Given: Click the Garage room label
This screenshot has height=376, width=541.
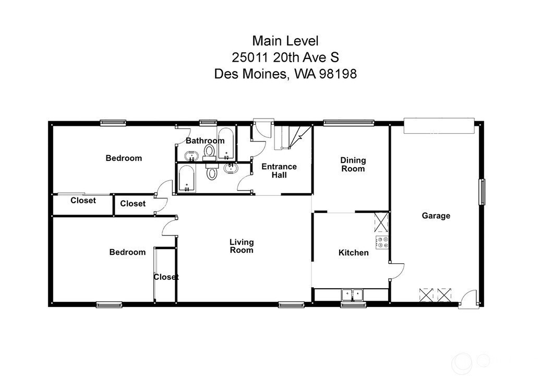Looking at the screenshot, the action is click(x=436, y=216).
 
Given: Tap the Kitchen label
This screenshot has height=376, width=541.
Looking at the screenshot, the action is click(x=353, y=253).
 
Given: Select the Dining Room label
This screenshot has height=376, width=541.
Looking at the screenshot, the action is click(x=353, y=164).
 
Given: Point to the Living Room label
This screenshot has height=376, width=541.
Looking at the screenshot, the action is click(x=242, y=246).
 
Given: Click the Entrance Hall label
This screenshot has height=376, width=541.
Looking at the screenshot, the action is click(x=279, y=171).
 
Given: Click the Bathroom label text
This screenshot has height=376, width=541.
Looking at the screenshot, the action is click(x=205, y=141).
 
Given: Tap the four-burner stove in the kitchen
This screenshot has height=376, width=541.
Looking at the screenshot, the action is click(x=382, y=242).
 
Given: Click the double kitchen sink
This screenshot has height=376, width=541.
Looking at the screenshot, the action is click(x=352, y=295).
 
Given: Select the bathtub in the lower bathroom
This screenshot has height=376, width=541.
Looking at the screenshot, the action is click(x=187, y=178).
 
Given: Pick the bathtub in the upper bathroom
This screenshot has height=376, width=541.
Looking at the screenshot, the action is click(x=226, y=144).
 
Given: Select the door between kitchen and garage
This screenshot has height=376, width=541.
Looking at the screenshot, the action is click(x=396, y=271).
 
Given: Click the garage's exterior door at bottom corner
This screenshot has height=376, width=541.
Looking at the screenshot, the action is click(x=468, y=299).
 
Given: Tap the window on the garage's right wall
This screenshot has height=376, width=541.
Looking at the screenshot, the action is click(x=483, y=192).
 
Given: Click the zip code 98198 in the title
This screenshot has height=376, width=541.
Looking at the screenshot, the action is click(x=338, y=74).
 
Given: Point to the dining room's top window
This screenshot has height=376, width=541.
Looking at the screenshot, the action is click(x=348, y=122).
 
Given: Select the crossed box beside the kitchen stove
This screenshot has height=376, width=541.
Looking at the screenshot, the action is click(x=381, y=222).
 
